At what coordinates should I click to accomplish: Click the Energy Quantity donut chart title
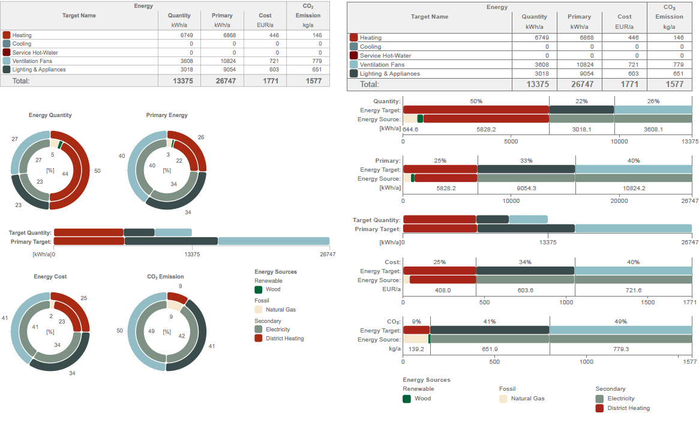(50, 115)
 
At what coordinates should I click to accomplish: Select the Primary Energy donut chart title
(167, 115)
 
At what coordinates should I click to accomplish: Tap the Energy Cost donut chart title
(50, 277)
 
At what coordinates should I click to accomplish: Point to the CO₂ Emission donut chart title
(166, 277)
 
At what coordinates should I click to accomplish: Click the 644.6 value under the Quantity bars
(410, 129)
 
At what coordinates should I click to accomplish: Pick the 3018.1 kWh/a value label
(581, 129)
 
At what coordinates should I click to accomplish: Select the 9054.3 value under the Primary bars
(526, 188)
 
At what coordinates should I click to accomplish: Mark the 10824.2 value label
(634, 188)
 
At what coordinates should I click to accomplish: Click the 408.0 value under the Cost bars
(442, 290)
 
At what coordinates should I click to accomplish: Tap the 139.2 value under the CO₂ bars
(415, 349)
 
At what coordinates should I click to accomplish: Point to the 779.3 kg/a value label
(620, 349)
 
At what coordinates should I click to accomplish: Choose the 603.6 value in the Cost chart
(525, 290)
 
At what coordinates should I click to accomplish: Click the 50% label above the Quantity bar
(476, 101)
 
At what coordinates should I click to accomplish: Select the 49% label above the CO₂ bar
(620, 322)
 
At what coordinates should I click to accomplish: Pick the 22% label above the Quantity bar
(581, 101)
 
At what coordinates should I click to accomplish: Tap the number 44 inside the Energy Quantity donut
(65, 173)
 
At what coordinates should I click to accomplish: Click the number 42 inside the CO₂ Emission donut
(181, 336)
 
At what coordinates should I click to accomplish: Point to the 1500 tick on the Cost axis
(648, 303)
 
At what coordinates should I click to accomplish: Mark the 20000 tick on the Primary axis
(619, 200)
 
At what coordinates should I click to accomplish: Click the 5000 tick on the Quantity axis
(511, 142)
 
